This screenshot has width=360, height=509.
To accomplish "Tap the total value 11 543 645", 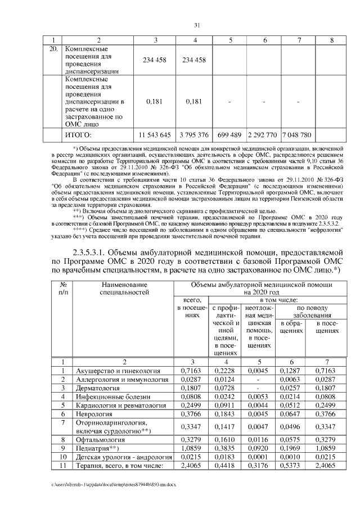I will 154,135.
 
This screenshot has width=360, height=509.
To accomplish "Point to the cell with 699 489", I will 229,135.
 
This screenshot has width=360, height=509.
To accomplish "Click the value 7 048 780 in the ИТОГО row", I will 297,135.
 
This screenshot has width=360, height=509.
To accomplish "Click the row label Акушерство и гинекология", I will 118,372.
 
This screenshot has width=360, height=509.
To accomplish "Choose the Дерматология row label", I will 98,389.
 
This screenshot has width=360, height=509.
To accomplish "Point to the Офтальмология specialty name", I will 101,439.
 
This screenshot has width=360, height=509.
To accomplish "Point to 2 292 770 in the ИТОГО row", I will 262,135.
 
